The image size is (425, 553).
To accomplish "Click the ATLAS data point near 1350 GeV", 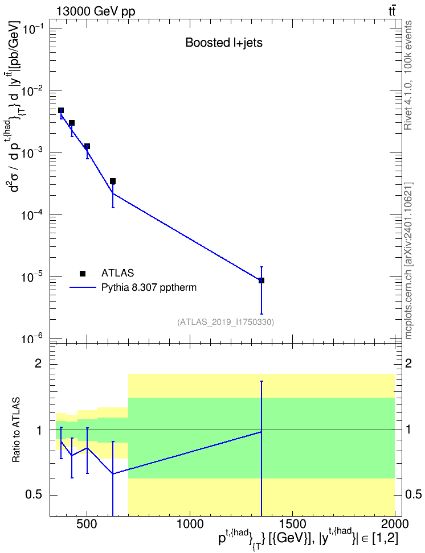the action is pyautogui.click(x=261, y=280).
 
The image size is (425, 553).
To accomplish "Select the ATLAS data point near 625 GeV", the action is pyautogui.click(x=113, y=181).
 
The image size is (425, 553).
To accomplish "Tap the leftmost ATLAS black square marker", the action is pyautogui.click(x=61, y=110).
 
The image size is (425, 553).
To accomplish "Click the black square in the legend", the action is pyautogui.click(x=83, y=273).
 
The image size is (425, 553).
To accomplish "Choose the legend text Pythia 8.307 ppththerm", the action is pyautogui.click(x=149, y=287).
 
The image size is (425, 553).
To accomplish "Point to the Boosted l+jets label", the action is pyautogui.click(x=224, y=43).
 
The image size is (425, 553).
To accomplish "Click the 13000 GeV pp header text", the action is pyautogui.click(x=96, y=11).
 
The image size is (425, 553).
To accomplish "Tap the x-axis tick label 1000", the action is pyautogui.click(x=190, y=524).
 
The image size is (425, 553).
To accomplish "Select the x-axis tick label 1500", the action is pyautogui.click(x=292, y=524).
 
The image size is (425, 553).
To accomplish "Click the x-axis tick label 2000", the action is pyautogui.click(x=395, y=524).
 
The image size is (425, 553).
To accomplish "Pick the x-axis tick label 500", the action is pyautogui.click(x=87, y=524).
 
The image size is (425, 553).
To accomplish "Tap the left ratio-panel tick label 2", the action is pyautogui.click(x=38, y=364).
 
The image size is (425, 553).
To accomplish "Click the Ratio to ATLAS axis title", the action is pyautogui.click(x=16, y=430).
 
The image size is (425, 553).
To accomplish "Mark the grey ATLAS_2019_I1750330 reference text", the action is pyautogui.click(x=226, y=322).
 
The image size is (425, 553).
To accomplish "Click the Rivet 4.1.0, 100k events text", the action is pyautogui.click(x=408, y=76).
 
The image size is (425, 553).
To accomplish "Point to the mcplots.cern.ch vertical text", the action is pyautogui.click(x=408, y=261).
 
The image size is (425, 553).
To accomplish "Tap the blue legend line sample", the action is pyautogui.click(x=83, y=287).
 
